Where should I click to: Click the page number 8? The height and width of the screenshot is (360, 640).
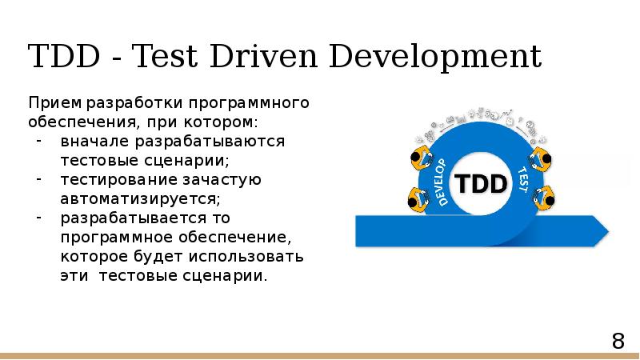[618, 342]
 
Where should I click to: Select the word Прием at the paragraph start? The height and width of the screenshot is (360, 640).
[55, 104]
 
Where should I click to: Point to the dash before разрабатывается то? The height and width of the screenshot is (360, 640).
[40, 217]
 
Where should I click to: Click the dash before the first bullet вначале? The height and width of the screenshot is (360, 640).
[40, 142]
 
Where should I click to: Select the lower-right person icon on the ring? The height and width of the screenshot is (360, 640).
[543, 198]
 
